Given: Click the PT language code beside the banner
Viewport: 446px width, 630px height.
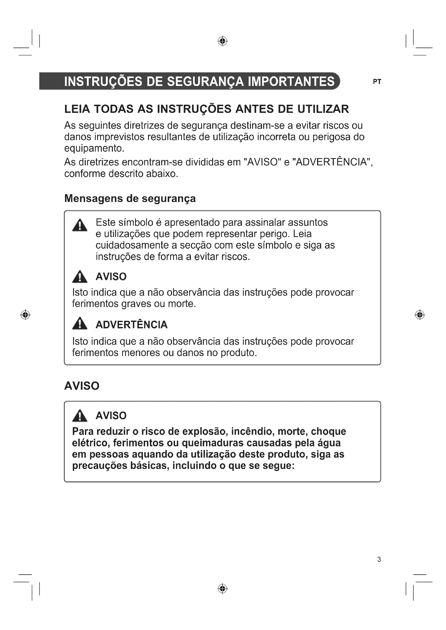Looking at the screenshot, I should [377, 82].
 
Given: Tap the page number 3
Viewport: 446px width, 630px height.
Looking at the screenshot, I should [379, 559].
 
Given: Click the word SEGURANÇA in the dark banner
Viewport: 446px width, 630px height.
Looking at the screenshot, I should [205, 82].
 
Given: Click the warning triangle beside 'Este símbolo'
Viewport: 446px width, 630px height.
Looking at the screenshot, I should [80, 225].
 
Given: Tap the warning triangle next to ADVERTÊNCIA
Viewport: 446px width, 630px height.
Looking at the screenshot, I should [80, 323].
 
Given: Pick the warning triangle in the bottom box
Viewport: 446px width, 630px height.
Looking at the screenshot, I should [80, 416].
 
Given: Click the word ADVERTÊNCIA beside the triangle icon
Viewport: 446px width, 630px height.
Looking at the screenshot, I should [131, 325].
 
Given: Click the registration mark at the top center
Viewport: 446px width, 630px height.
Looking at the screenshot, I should [222, 41].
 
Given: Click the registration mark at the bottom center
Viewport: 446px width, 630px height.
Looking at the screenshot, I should [222, 589].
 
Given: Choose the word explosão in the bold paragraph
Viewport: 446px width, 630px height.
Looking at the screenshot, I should [205, 431].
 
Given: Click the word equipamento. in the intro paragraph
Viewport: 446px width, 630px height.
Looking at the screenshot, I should [94, 148].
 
